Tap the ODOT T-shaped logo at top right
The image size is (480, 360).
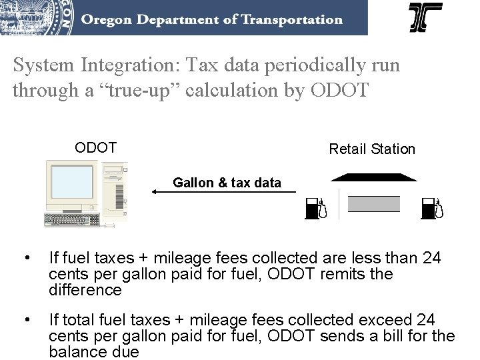point(425,18)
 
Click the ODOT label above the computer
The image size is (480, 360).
point(95,147)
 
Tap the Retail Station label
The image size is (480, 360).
point(372,149)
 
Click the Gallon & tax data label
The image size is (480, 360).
point(227,181)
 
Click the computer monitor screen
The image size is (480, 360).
point(71,183)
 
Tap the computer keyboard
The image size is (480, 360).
point(71,219)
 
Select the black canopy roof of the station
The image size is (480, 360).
point(373,177)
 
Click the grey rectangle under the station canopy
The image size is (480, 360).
point(374,204)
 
